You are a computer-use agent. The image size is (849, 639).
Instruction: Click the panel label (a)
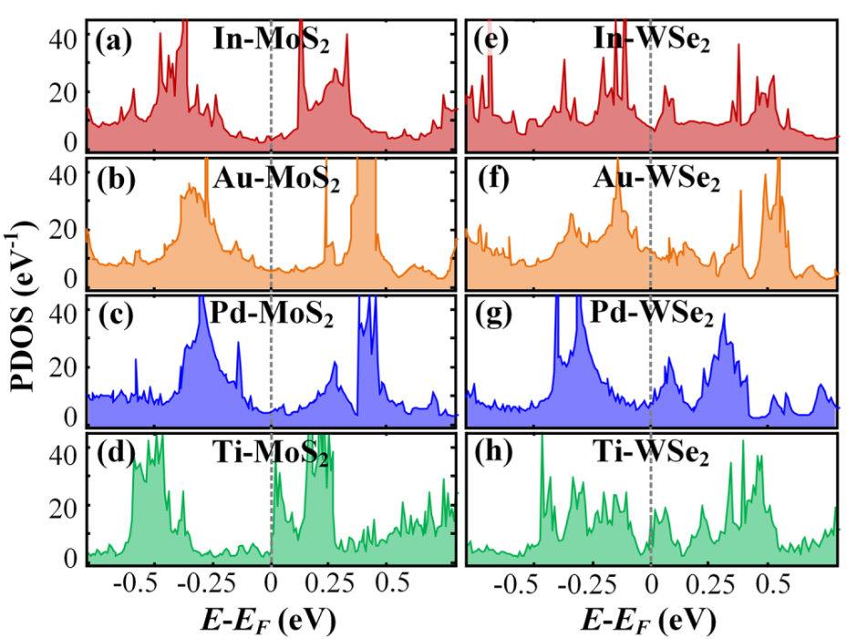(x=115, y=41)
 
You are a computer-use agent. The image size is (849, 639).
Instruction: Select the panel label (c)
(x=115, y=318)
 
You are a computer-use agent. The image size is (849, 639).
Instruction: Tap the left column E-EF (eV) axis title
(x=272, y=619)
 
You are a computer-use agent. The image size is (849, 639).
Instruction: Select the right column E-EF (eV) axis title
(x=649, y=619)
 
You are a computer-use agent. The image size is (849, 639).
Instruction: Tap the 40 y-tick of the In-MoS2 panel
(x=59, y=39)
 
